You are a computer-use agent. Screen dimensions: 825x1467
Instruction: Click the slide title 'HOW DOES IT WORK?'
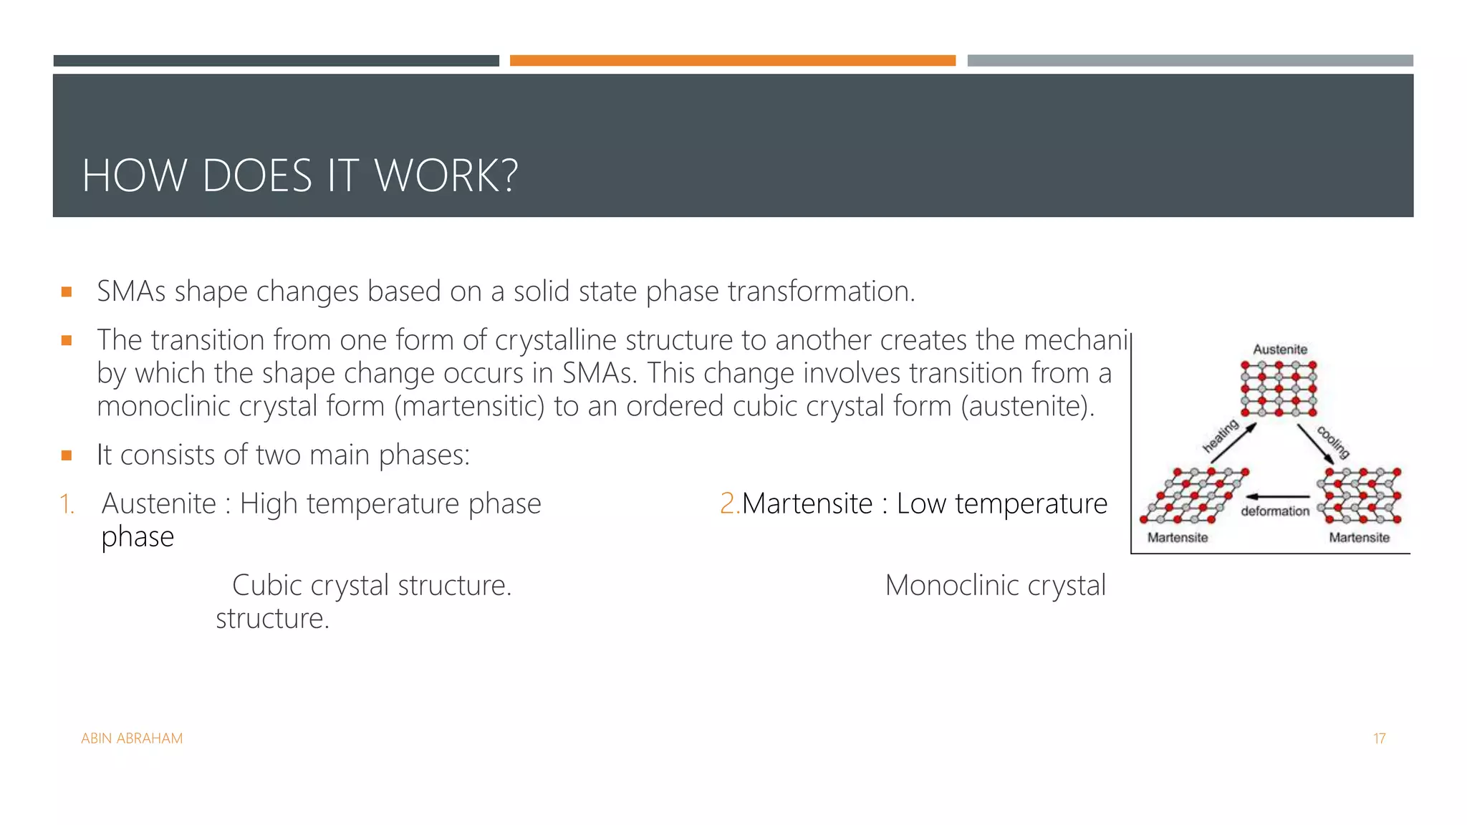click(x=300, y=175)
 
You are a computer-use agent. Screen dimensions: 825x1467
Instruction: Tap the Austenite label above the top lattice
click(x=1280, y=349)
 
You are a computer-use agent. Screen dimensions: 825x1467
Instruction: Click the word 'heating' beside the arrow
click(x=1220, y=436)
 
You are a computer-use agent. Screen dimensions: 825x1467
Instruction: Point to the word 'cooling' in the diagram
click(x=1333, y=442)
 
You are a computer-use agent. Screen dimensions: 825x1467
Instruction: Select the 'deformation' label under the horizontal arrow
click(x=1275, y=511)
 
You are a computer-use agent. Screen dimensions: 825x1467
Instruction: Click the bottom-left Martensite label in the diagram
click(x=1178, y=537)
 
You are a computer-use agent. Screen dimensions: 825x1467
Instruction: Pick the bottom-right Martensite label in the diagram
click(x=1359, y=537)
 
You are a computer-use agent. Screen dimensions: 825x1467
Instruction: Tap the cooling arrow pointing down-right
click(x=1315, y=444)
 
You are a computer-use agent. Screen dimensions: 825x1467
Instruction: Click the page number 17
click(x=1379, y=738)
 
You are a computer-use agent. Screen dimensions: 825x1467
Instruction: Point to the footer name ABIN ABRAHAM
click(x=132, y=738)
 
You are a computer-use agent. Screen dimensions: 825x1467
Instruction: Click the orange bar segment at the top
click(x=732, y=61)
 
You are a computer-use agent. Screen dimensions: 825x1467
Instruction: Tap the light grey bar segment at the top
click(x=1190, y=61)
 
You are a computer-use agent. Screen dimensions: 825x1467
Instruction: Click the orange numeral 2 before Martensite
click(x=728, y=503)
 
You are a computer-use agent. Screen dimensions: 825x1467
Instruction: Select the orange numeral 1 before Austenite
click(x=66, y=504)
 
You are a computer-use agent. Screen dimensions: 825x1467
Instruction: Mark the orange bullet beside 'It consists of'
click(x=67, y=455)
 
